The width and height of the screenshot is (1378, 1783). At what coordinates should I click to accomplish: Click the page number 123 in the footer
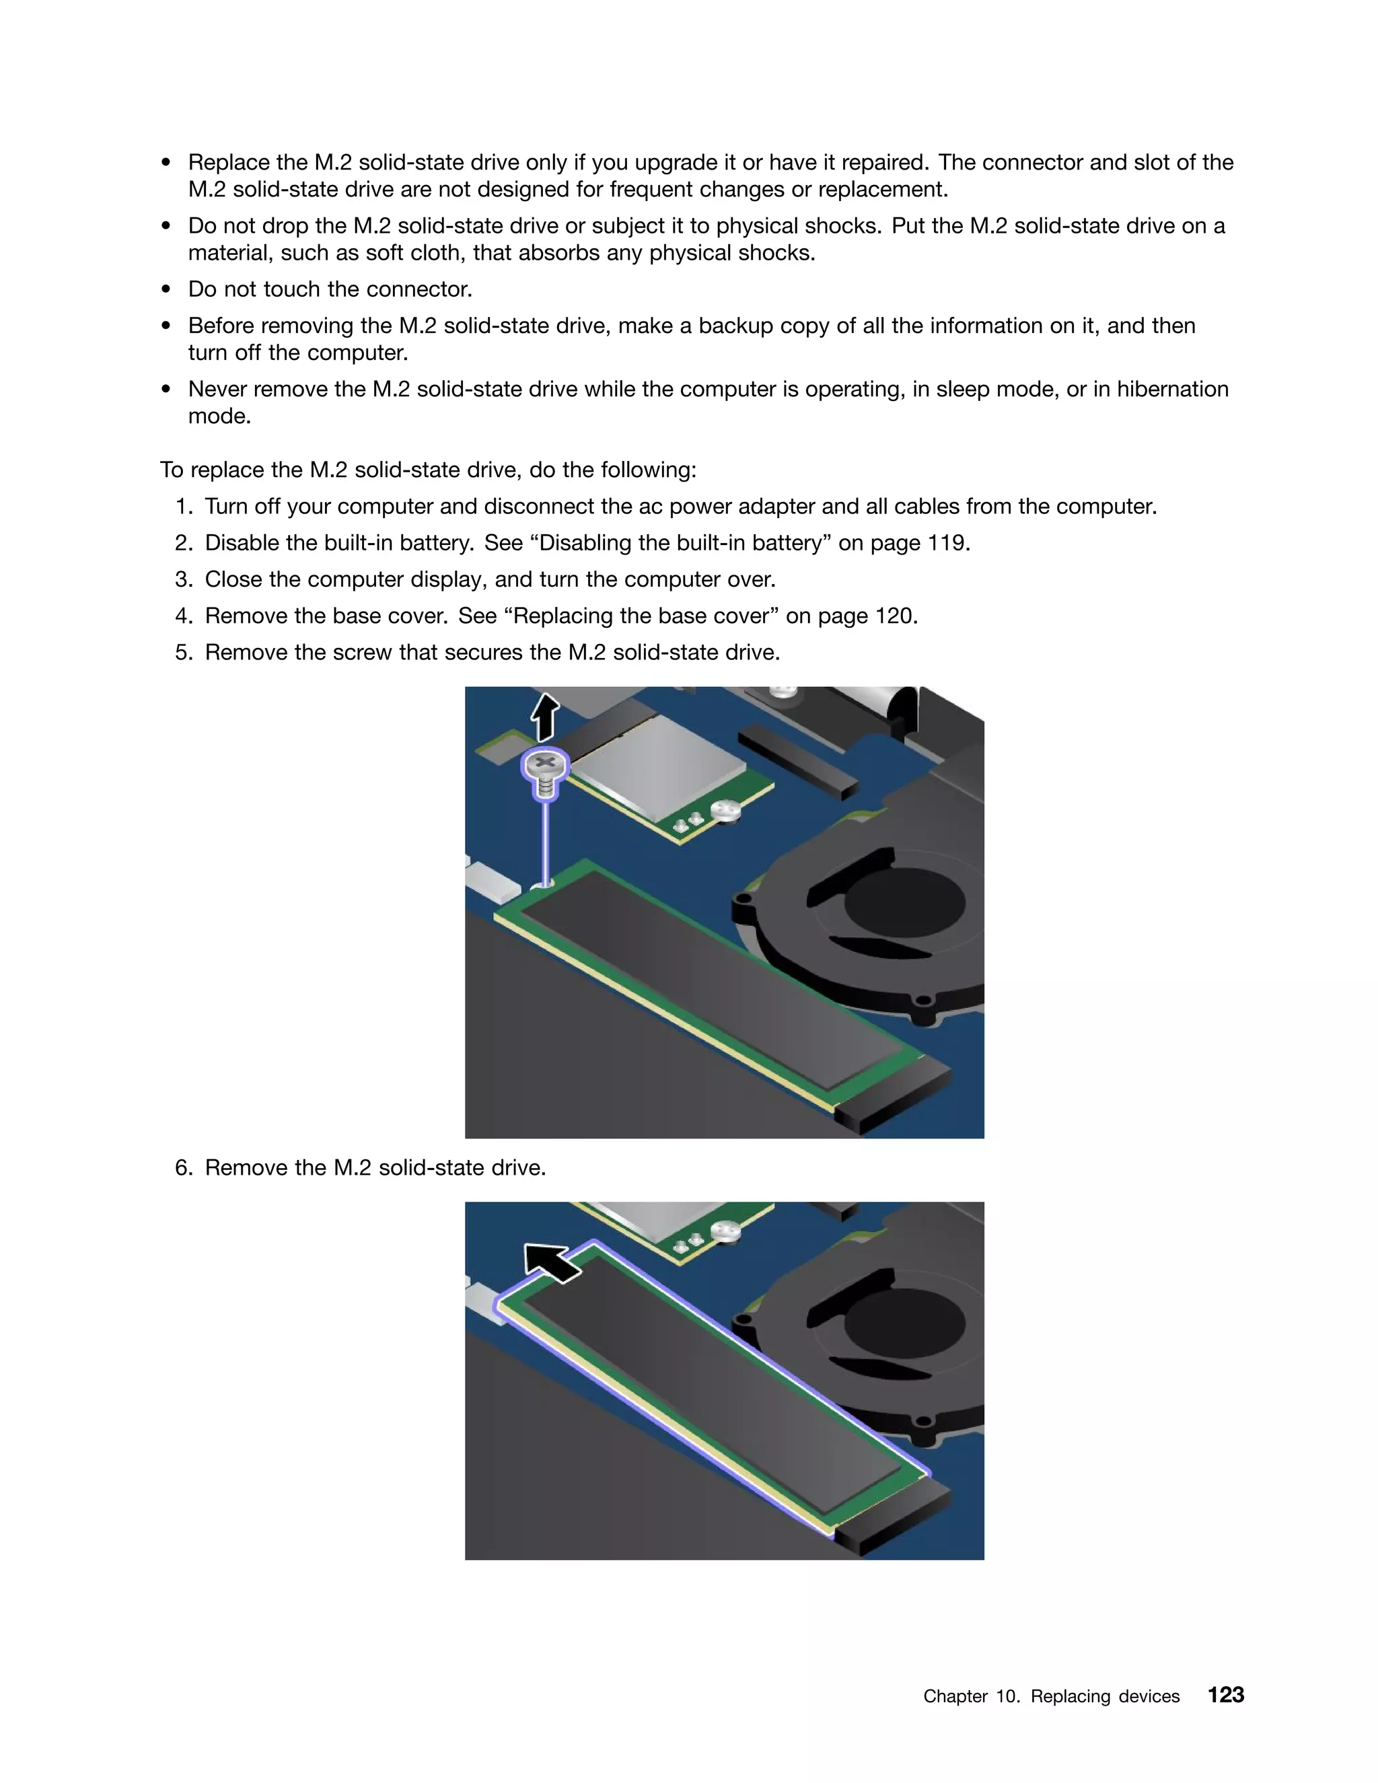pyautogui.click(x=1225, y=1695)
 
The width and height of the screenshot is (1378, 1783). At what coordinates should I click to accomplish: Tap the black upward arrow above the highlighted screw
pyautogui.click(x=544, y=716)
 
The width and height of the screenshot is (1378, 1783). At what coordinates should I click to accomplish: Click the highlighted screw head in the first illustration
pyautogui.click(x=544, y=765)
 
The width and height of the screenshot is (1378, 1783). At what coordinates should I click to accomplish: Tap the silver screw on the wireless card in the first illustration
pyautogui.click(x=725, y=811)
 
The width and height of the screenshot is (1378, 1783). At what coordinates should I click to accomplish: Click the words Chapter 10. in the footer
pyautogui.click(x=971, y=1696)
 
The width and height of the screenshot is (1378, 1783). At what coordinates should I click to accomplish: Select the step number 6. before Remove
pyautogui.click(x=184, y=1167)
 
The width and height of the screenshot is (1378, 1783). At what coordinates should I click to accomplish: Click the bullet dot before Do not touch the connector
pyautogui.click(x=167, y=290)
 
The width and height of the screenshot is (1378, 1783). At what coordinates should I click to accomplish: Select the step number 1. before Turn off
pyautogui.click(x=184, y=506)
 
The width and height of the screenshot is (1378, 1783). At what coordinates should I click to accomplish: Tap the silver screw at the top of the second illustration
pyautogui.click(x=724, y=1231)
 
